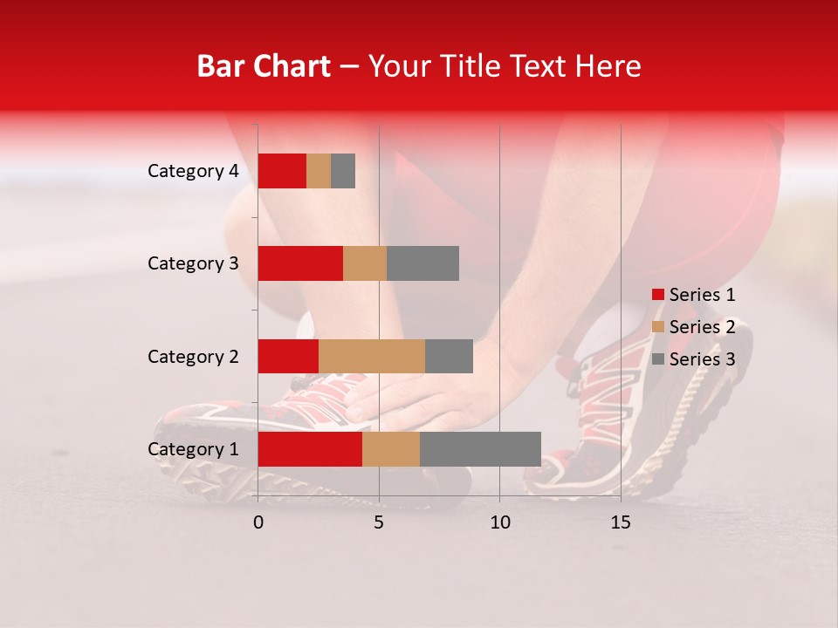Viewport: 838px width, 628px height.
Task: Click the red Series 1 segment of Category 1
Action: click(310, 449)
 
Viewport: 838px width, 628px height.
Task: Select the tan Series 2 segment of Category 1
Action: click(391, 449)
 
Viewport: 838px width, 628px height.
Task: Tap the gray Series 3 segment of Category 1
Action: click(480, 449)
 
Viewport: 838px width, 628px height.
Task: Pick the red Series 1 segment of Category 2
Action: click(288, 356)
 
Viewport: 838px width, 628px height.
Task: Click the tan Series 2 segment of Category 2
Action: click(372, 356)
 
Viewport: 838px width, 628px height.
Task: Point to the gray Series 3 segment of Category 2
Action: click(449, 356)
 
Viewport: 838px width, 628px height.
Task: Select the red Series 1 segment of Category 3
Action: click(300, 263)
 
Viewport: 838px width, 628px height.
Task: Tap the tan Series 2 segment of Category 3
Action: click(365, 263)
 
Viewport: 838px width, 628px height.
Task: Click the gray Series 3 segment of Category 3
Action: click(422, 263)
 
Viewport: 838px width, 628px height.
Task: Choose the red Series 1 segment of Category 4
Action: click(282, 171)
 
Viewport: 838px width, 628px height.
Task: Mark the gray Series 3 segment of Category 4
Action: click(343, 171)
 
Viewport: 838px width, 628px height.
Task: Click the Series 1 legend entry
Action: click(694, 295)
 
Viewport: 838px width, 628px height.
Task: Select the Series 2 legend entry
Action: click(694, 327)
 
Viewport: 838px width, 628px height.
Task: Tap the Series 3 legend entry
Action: click(694, 359)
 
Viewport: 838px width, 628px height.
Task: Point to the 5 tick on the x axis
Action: click(379, 522)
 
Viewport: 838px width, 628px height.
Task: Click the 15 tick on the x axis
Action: click(621, 522)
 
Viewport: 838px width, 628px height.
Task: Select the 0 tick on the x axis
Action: click(258, 522)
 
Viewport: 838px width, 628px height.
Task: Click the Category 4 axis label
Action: click(193, 171)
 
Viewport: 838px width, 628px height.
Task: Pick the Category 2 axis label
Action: click(193, 356)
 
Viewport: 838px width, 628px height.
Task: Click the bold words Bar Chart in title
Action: click(264, 66)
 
